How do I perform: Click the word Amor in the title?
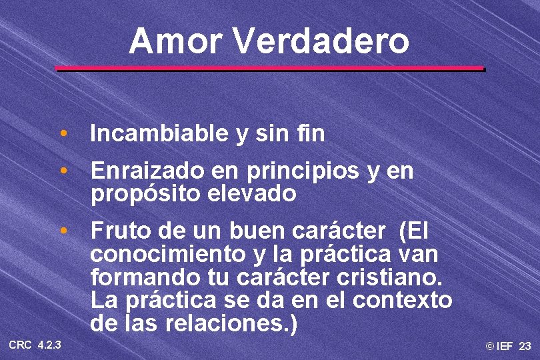pyautogui.click(x=176, y=41)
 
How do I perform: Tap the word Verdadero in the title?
pyautogui.click(x=321, y=41)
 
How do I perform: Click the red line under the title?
pyautogui.click(x=269, y=68)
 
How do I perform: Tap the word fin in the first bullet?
pyautogui.click(x=312, y=134)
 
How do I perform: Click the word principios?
pyautogui.click(x=305, y=172)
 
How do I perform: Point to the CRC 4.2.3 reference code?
pyautogui.click(x=35, y=345)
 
